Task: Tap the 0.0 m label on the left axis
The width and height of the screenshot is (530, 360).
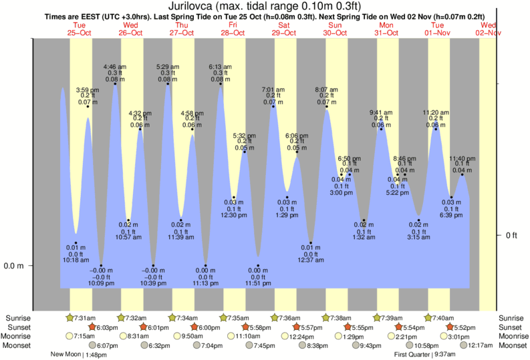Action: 13,266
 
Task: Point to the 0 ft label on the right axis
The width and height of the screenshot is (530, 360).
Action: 511,235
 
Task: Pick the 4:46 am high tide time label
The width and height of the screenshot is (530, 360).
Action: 114,67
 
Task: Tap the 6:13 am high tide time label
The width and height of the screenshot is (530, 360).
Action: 220,67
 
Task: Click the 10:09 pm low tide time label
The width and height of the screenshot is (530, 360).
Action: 101,283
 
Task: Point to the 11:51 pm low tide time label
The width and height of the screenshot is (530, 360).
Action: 258,283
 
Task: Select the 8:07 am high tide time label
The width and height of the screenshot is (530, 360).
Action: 326,89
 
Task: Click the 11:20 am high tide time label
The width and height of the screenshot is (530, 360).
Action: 436,112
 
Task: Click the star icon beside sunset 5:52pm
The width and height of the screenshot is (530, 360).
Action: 451,327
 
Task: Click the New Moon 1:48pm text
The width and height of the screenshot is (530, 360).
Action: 79,355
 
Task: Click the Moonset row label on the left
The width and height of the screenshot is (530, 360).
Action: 18,345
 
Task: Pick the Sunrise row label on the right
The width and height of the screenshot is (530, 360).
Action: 512,318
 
